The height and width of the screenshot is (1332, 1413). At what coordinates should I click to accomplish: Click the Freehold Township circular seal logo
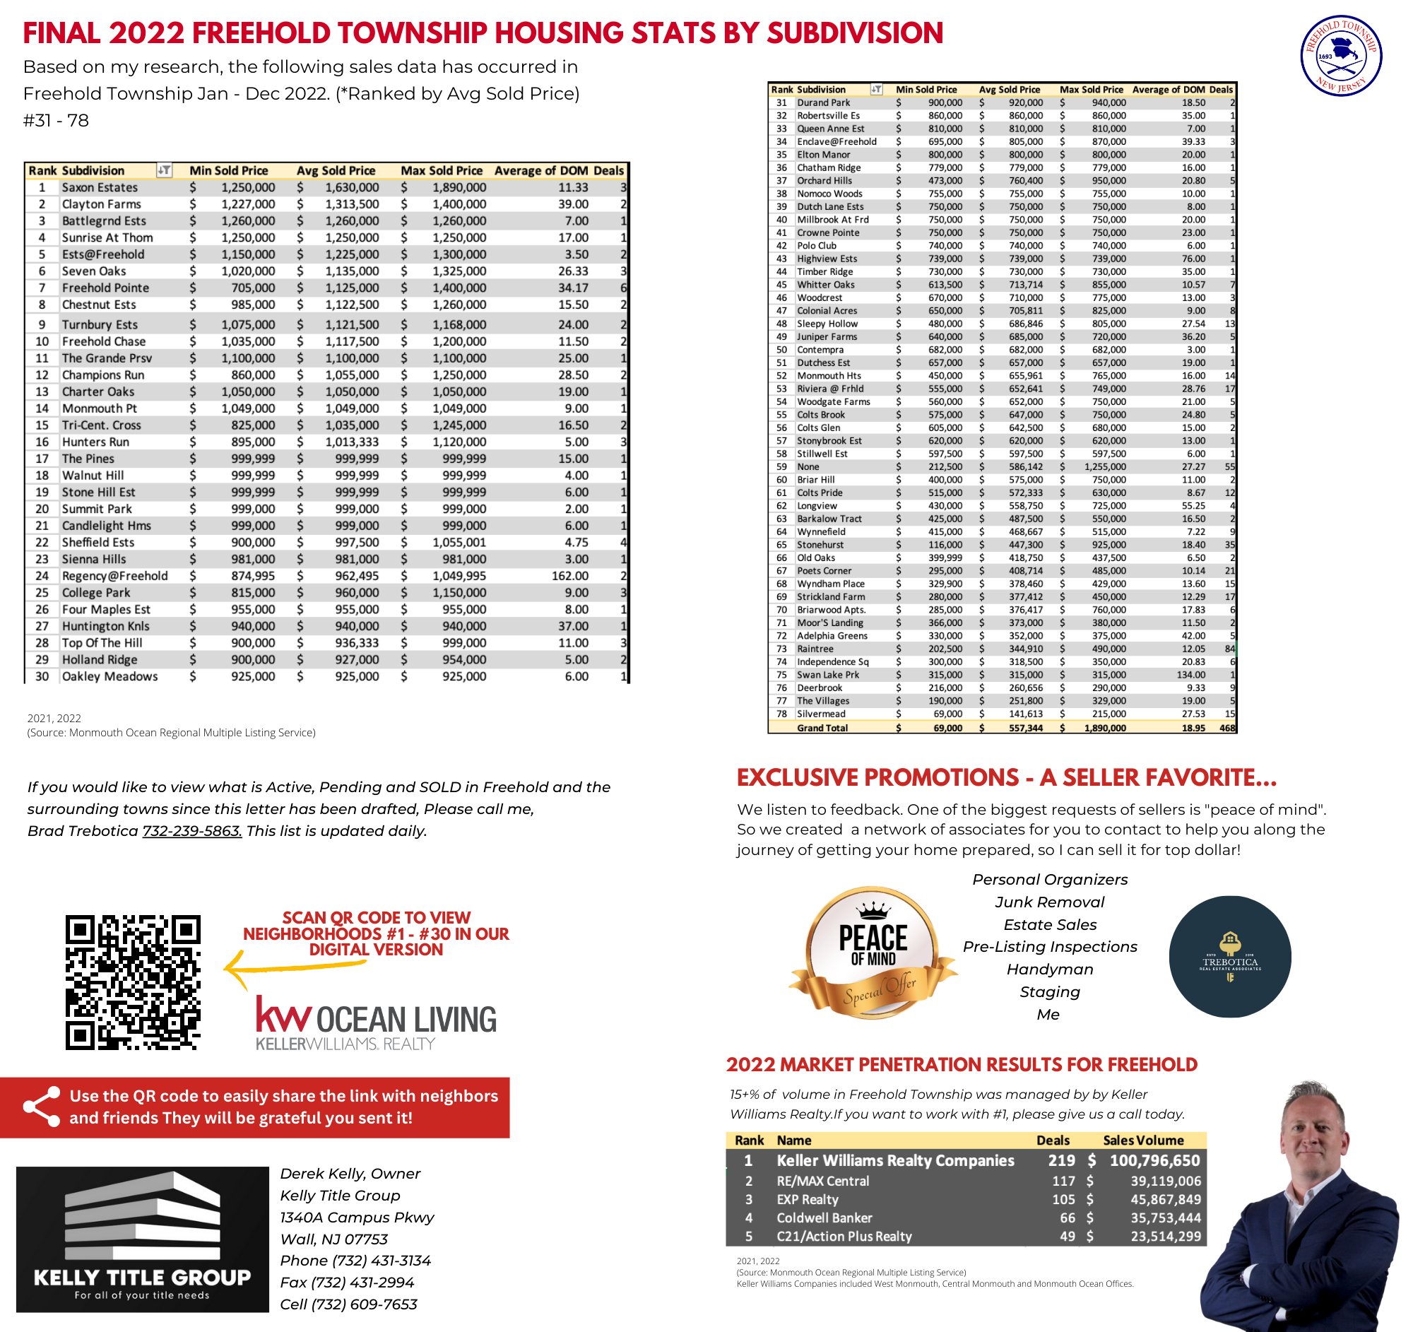[1340, 55]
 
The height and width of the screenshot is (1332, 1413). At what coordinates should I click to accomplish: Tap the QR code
[133, 982]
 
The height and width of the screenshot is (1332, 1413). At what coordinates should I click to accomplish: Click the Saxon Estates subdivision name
[100, 188]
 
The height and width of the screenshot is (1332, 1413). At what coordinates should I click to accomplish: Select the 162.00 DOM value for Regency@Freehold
[570, 576]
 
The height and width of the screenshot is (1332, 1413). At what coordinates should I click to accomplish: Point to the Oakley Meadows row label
[110, 677]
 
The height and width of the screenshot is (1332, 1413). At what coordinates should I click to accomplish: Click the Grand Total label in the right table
[822, 728]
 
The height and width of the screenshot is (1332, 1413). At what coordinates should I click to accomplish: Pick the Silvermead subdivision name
[821, 714]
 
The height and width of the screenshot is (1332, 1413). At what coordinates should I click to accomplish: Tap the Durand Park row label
[823, 102]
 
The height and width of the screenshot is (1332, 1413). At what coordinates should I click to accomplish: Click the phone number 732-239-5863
[192, 831]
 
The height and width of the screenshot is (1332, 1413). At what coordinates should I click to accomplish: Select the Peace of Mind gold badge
[873, 953]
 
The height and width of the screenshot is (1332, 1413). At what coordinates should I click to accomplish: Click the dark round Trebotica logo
[1229, 957]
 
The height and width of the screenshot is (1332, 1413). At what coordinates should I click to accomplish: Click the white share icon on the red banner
[41, 1107]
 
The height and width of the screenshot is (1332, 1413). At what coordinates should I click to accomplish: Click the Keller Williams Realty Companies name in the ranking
[895, 1161]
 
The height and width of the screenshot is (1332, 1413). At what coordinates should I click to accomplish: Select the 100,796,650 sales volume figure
[1154, 1161]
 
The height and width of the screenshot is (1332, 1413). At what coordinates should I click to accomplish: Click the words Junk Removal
[1049, 902]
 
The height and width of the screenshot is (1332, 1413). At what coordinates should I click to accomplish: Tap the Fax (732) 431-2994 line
[347, 1283]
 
